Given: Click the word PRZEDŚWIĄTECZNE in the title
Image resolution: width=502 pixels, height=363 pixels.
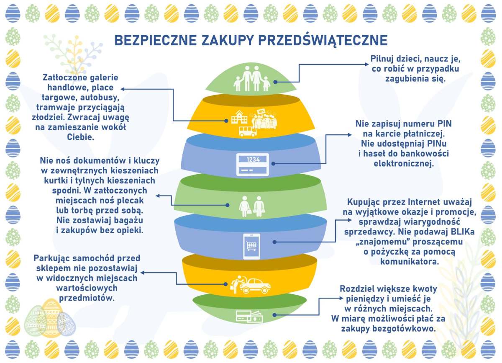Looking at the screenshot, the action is click(323, 40).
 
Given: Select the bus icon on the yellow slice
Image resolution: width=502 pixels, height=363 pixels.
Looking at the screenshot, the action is click(248, 131).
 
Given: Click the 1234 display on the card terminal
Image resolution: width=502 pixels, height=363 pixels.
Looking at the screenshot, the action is click(253, 159).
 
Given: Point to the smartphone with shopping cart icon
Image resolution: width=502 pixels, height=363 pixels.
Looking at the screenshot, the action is click(252, 246).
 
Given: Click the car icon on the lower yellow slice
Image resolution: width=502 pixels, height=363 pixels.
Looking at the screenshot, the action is click(255, 286).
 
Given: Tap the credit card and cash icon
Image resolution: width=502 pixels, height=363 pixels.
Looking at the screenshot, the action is click(249, 317).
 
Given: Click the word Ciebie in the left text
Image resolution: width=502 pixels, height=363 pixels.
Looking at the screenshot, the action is click(80, 137).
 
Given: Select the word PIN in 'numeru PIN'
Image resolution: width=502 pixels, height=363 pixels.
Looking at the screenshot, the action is click(444, 124).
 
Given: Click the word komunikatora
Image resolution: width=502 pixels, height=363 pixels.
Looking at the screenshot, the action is click(410, 262).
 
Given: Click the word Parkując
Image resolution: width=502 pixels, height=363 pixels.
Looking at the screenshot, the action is click(52, 258).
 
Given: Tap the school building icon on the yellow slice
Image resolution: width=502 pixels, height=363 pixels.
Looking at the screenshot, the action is click(239, 117).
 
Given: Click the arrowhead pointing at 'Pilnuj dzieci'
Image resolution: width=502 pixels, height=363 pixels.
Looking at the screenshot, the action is click(366, 64).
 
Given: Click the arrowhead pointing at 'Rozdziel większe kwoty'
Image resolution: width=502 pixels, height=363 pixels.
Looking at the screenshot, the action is click(341, 299).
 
